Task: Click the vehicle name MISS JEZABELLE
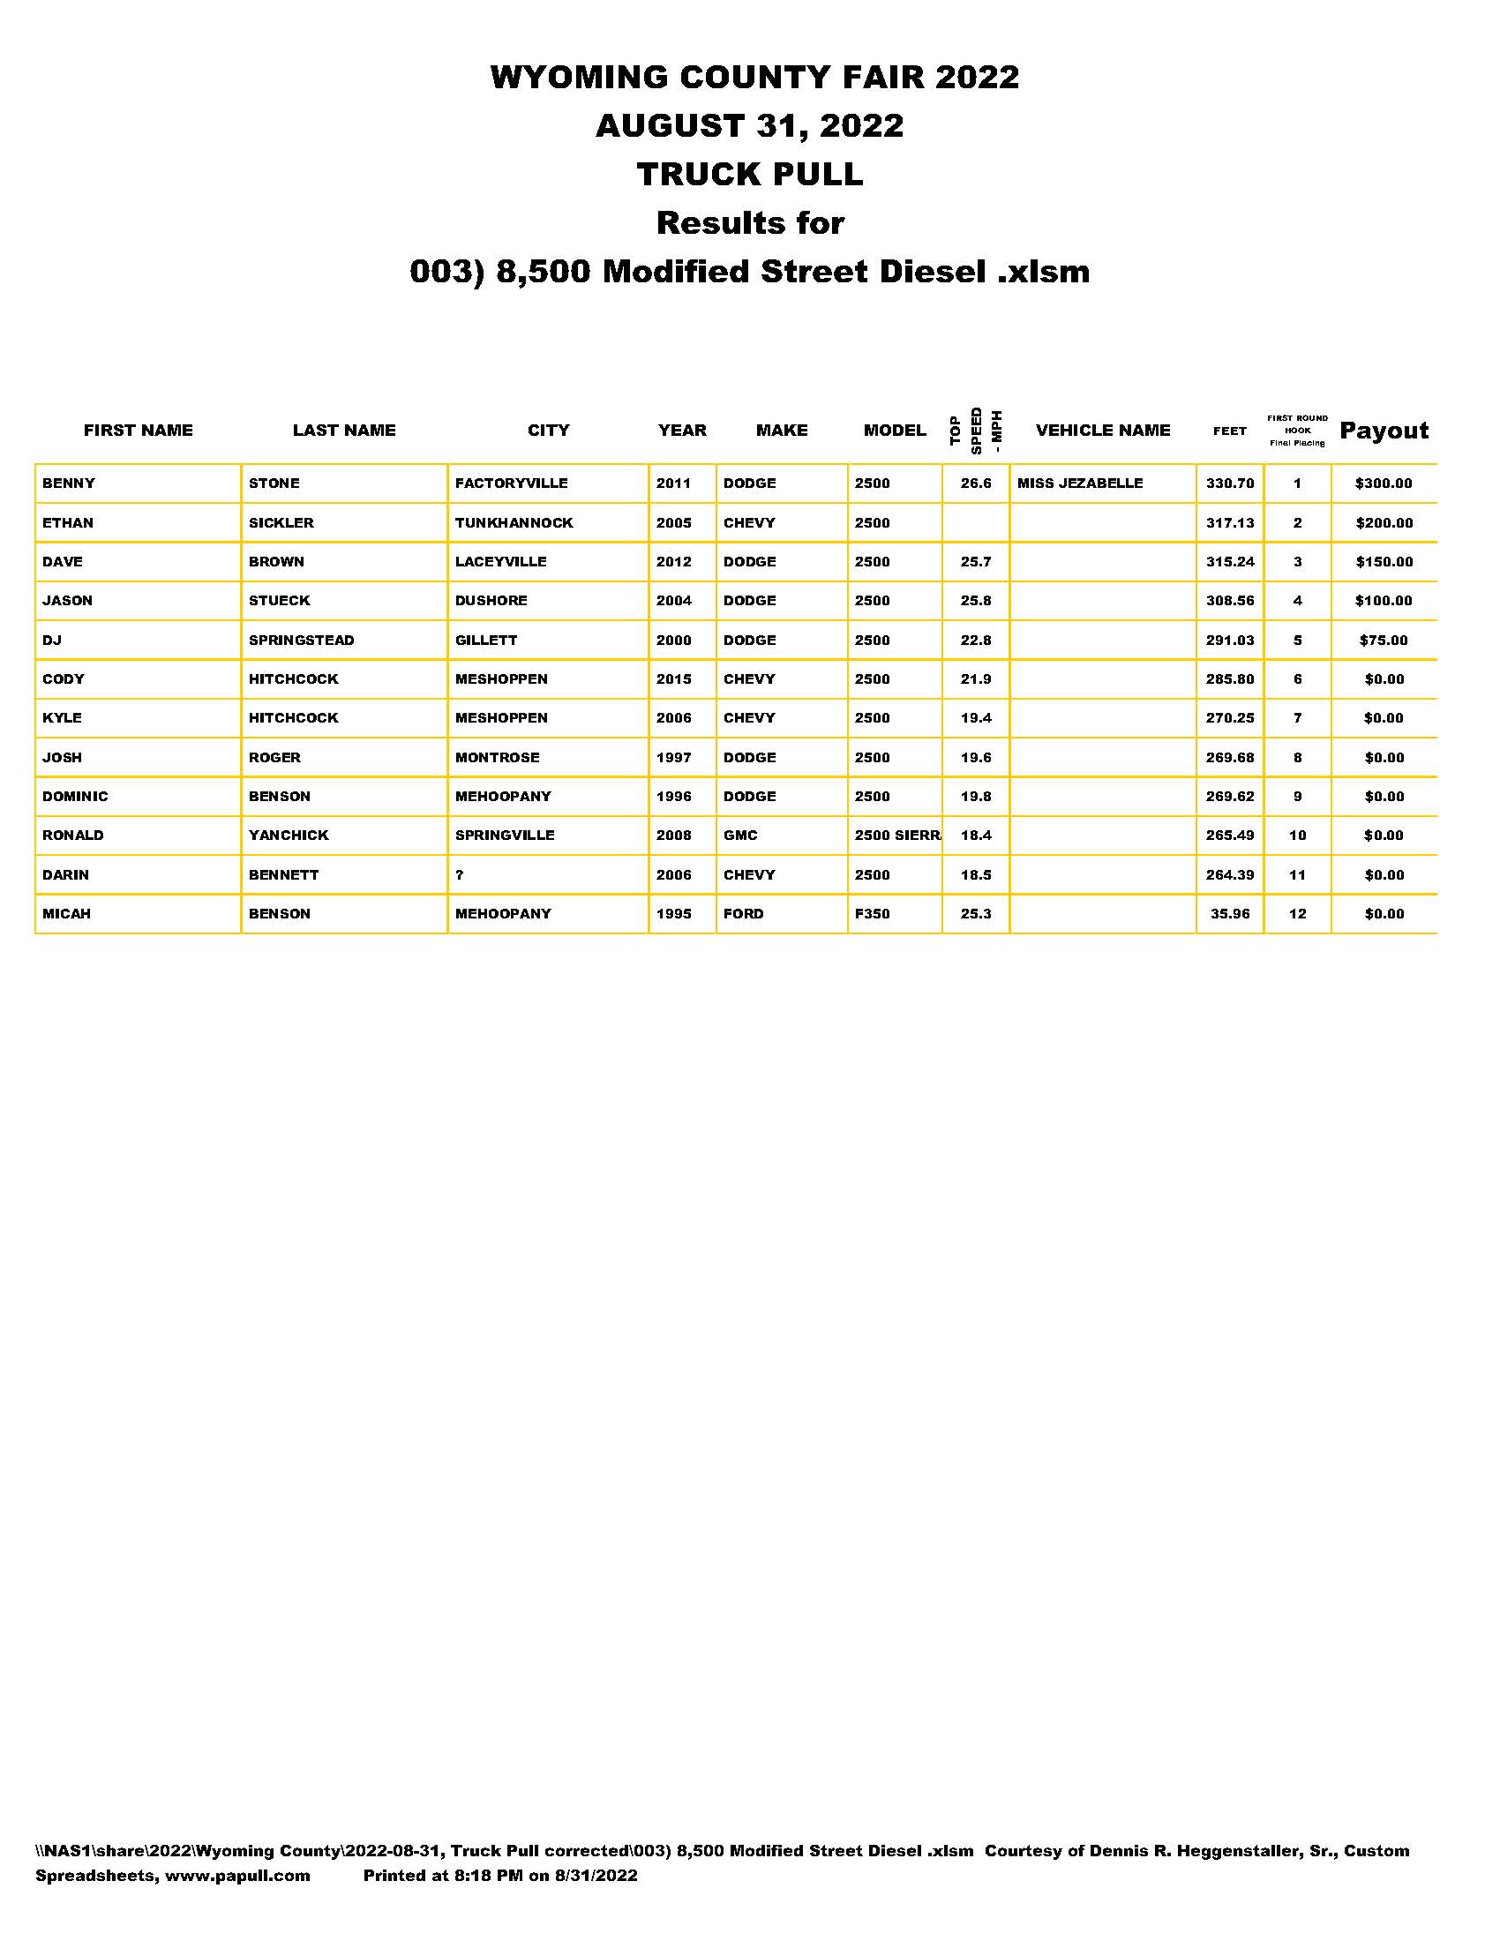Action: (1080, 483)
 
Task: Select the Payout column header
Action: (1384, 431)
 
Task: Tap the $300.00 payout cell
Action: (1383, 483)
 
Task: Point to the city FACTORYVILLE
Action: (511, 483)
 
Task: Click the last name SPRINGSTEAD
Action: (301, 640)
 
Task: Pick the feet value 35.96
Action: (1230, 914)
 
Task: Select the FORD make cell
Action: (743, 914)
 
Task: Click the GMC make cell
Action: (740, 836)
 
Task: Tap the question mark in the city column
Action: (460, 875)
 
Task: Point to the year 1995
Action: (673, 914)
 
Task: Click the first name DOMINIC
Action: (75, 797)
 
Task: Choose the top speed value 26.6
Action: (976, 483)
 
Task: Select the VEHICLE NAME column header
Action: (1103, 431)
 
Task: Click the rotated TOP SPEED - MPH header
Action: (976, 431)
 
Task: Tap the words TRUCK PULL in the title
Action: (749, 174)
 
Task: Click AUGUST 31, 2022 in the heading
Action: (749, 125)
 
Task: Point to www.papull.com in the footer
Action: (237, 1875)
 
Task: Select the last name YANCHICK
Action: (288, 836)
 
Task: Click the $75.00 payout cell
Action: (1384, 640)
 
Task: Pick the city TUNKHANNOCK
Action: (514, 522)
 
